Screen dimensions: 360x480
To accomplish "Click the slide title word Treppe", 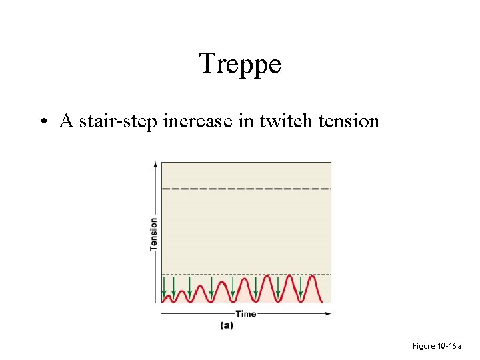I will pos(240,64).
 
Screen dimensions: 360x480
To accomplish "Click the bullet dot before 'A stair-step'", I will pos(42,122).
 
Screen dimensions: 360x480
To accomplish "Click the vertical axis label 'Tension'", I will pos(153,233).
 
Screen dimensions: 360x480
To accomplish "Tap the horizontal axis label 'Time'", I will pos(245,313).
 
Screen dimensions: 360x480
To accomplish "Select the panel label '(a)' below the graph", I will pos(227,325).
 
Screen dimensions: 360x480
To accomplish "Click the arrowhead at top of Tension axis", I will pos(156,163).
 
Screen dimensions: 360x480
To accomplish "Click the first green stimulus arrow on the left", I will pos(165,288).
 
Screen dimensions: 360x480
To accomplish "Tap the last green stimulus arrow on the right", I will pos(301,288).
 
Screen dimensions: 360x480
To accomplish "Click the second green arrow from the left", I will pos(174,288).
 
